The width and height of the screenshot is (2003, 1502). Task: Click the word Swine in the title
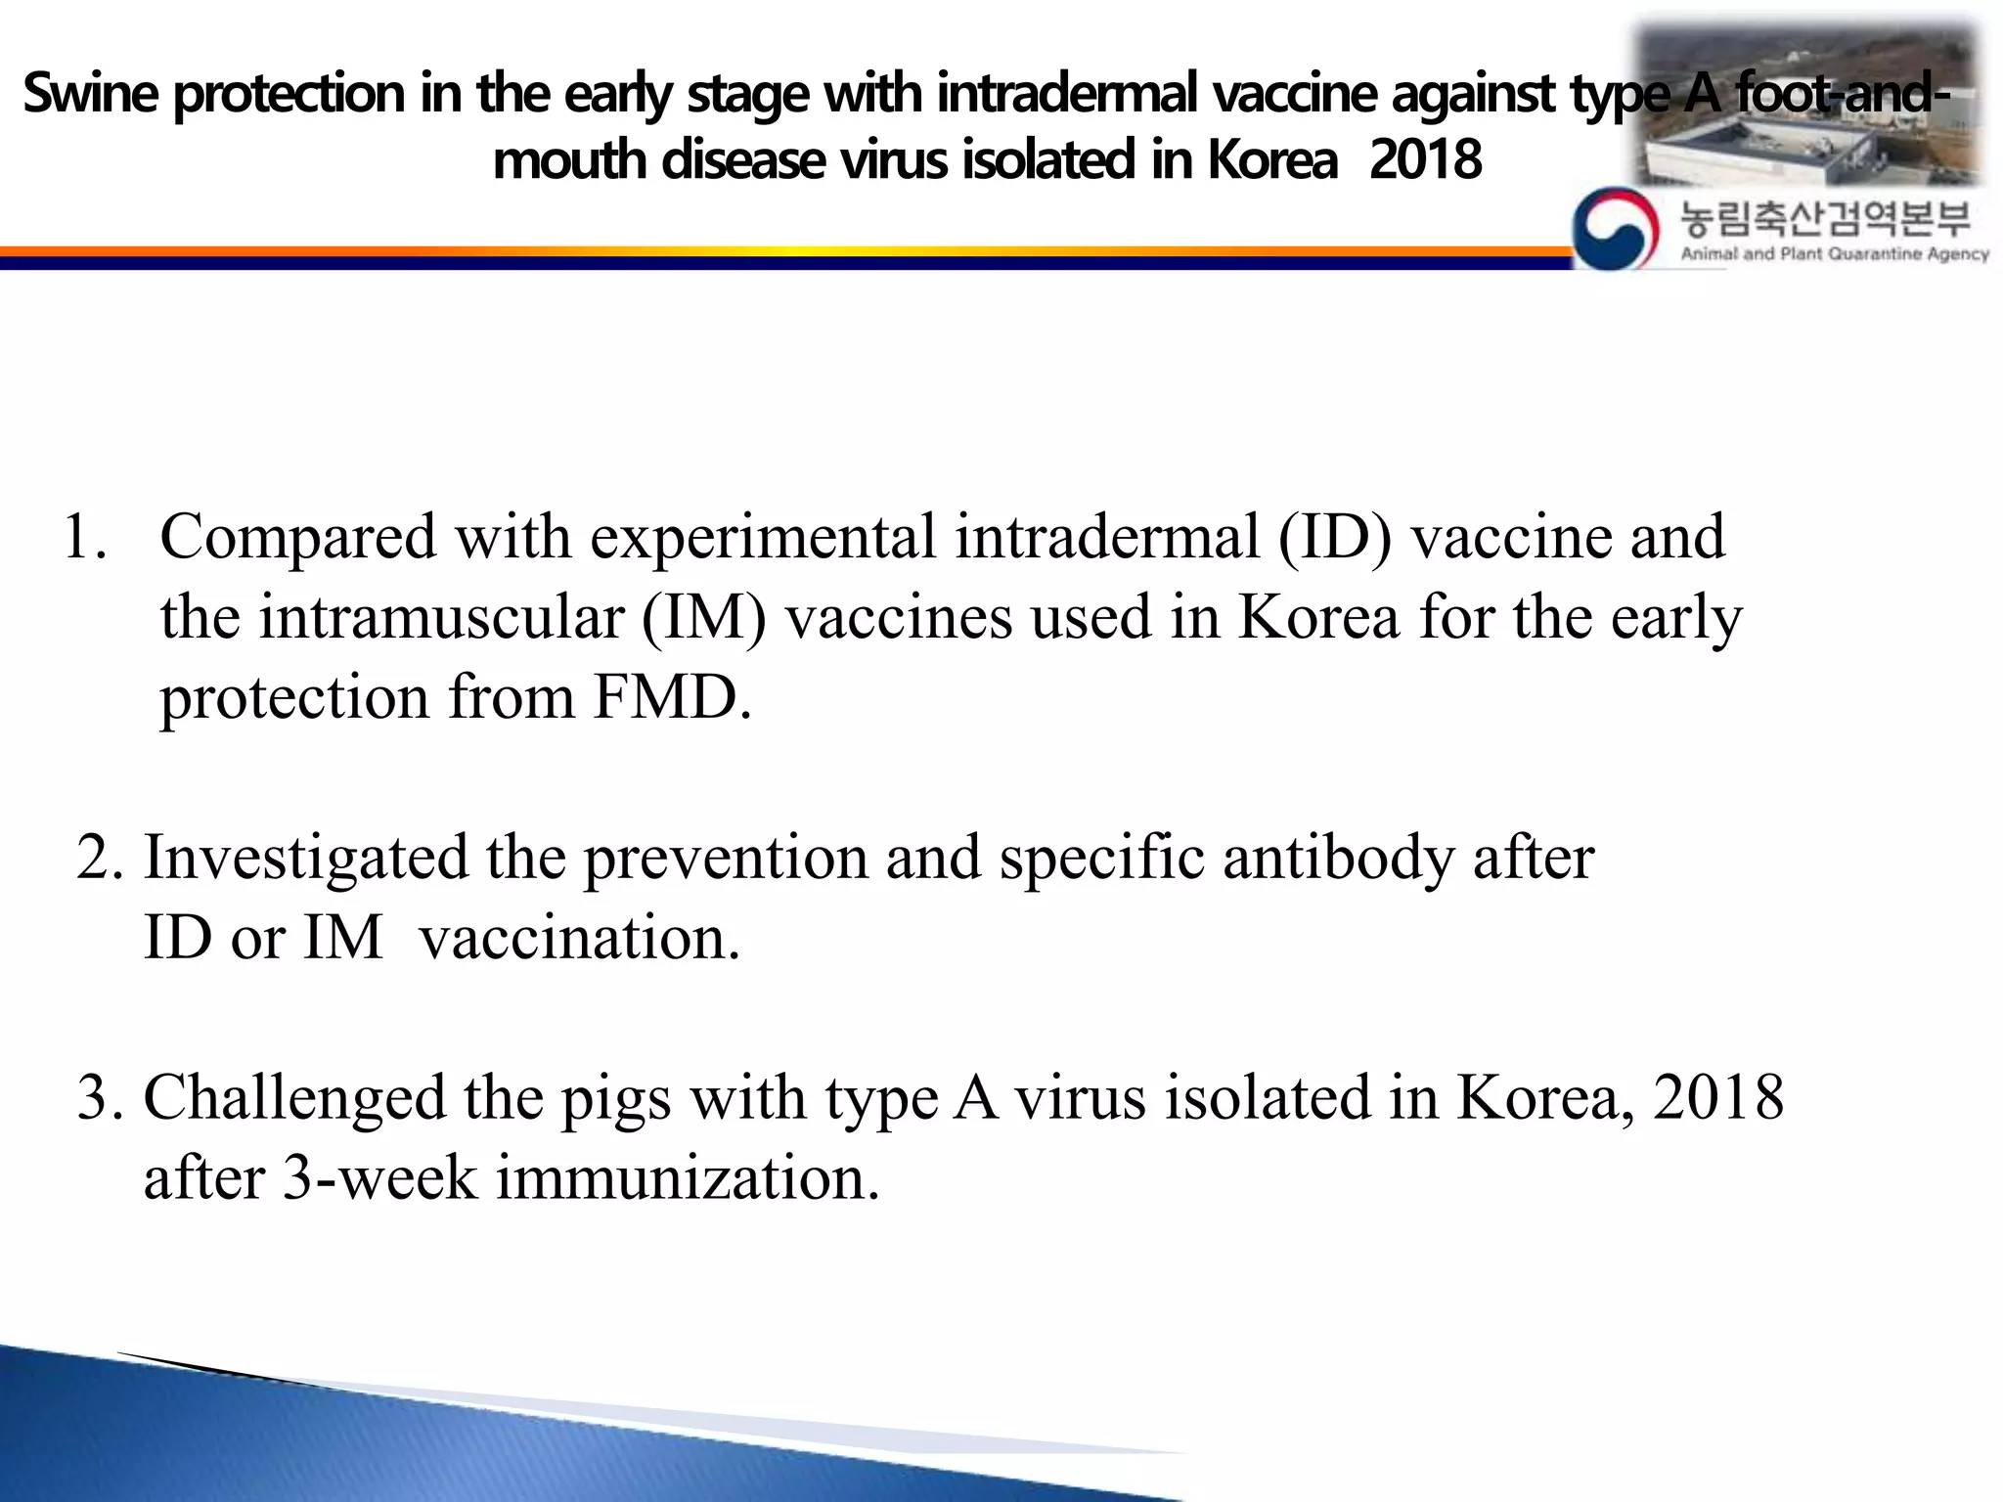point(90,95)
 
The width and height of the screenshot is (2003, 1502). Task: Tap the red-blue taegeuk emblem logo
point(1615,228)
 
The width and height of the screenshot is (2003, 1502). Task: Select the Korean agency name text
point(1825,219)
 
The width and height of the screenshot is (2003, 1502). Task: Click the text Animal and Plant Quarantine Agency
point(1835,254)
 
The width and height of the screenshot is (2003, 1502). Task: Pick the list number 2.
point(98,858)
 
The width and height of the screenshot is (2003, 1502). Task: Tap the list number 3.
point(98,1097)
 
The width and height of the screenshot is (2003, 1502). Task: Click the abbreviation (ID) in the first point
point(1334,538)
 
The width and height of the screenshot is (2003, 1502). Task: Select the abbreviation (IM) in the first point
point(704,618)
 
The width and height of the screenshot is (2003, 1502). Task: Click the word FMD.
point(672,698)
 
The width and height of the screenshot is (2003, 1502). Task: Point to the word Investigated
point(306,858)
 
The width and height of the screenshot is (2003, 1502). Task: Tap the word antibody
point(1338,858)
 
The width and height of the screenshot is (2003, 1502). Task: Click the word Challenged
point(294,1097)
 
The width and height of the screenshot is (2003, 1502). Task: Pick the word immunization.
point(688,1177)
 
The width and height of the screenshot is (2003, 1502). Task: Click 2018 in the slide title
point(1425,160)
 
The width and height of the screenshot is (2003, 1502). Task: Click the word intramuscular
point(441,618)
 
